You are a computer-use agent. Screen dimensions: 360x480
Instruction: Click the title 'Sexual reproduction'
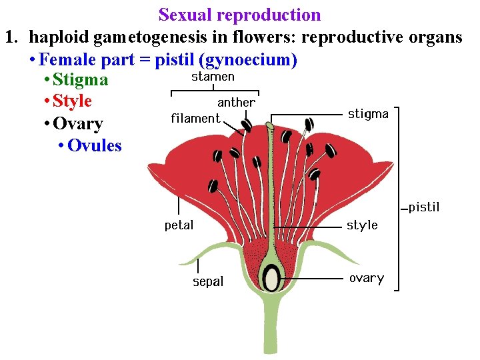pos(239,15)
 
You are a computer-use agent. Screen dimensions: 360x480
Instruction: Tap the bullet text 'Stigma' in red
pos(80,81)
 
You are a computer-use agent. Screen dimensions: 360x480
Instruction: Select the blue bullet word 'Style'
pos(72,102)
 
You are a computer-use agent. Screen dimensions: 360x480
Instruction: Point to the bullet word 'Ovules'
pos(94,145)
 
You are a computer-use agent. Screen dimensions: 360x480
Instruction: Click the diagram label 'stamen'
pos(213,77)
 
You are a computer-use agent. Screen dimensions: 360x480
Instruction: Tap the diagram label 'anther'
pos(236,103)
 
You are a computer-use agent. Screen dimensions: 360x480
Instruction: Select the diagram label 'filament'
pos(195,119)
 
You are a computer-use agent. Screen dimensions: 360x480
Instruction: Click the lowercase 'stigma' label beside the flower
pos(368,114)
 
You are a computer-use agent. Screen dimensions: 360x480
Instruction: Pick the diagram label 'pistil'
pos(424,207)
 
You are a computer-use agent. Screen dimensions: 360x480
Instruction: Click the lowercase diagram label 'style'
pos(362,225)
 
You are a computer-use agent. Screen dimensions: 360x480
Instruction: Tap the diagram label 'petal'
pos(179,225)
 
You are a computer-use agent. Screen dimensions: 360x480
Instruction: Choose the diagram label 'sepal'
pos(208,282)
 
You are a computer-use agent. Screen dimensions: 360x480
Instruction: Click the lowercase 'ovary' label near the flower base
pos(366,279)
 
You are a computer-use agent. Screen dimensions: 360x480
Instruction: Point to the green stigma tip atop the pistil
pos(270,125)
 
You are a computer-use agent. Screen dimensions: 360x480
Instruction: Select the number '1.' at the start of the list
pos(13,37)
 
